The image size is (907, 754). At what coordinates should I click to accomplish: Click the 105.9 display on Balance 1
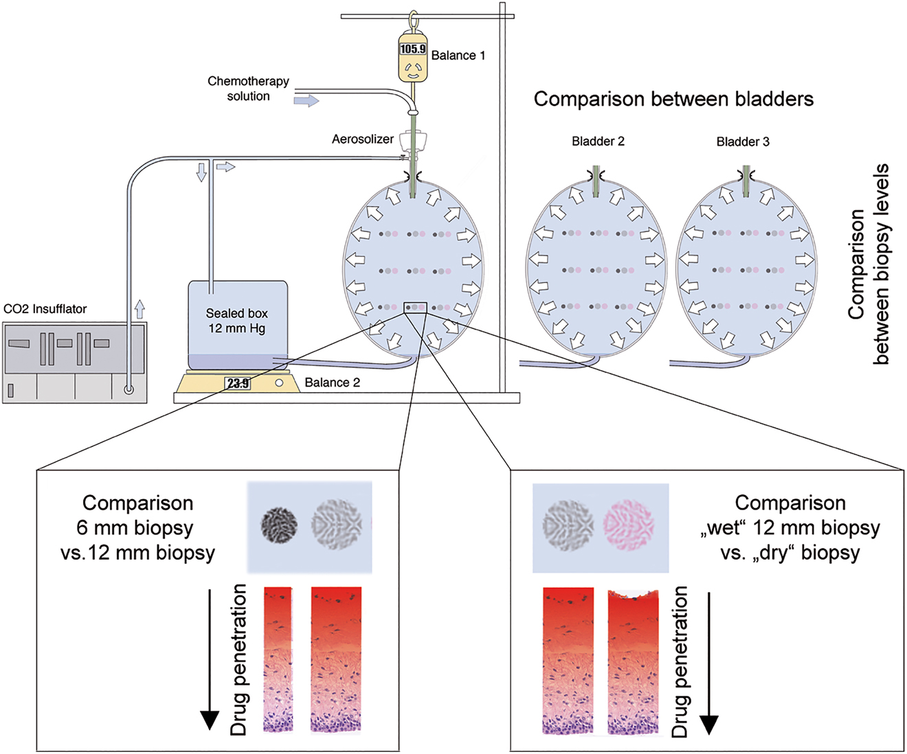click(x=413, y=49)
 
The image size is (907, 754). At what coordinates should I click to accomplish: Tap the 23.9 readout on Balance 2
click(x=238, y=383)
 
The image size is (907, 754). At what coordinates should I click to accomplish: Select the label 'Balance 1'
click(x=458, y=56)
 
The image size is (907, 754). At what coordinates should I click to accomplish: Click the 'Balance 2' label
click(x=332, y=382)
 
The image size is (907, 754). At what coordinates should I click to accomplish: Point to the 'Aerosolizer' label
click(x=363, y=139)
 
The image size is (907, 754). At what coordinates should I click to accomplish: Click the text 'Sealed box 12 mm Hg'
click(x=237, y=321)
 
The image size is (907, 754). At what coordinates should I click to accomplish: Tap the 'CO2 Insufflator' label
click(x=45, y=309)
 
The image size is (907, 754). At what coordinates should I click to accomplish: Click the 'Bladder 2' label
click(x=598, y=141)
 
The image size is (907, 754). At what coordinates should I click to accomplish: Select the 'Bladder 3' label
click(x=743, y=141)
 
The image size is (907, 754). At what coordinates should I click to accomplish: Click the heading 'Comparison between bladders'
click(x=673, y=99)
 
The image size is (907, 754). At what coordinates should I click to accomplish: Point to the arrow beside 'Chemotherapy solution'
click(x=306, y=101)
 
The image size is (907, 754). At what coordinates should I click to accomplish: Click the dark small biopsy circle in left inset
click(x=280, y=526)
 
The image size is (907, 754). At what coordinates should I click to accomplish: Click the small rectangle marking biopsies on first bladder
click(x=416, y=308)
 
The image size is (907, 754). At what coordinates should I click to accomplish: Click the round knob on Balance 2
click(x=279, y=383)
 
